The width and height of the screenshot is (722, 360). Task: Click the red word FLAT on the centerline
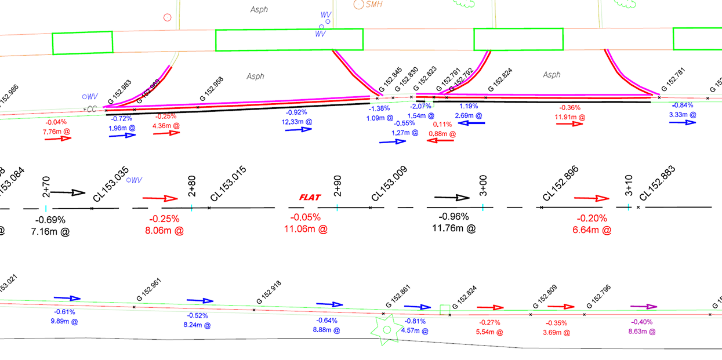(310, 197)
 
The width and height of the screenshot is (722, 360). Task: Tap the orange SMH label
(375, 4)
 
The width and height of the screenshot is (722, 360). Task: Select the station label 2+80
(192, 186)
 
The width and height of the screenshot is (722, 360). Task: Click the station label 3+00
(483, 186)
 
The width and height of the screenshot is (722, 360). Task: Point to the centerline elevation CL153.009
(389, 184)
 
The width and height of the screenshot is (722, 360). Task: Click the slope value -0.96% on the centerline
(454, 217)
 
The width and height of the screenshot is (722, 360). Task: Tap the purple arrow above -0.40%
(643, 307)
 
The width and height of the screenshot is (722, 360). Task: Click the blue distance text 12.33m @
(296, 122)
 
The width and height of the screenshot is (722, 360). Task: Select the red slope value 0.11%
(442, 125)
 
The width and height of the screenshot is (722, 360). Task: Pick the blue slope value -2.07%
(420, 107)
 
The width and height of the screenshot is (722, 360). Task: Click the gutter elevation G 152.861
(398, 297)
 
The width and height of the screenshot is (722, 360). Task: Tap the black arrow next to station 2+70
(71, 192)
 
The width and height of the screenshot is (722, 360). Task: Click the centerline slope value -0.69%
(50, 220)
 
